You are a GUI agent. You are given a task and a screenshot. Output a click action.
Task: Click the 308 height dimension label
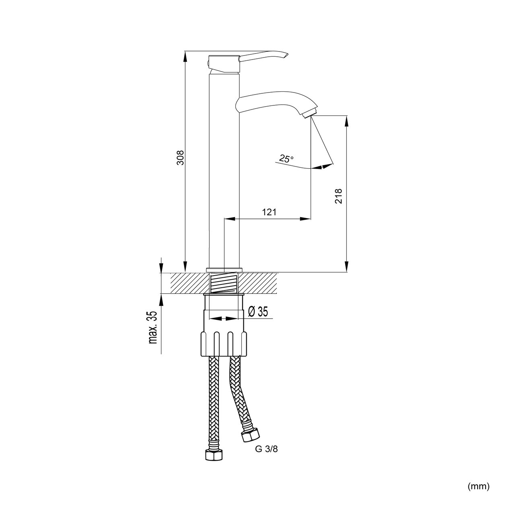[181, 157]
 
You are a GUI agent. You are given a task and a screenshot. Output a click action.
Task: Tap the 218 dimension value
[338, 196]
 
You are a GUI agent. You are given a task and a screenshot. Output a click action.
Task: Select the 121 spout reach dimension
[269, 212]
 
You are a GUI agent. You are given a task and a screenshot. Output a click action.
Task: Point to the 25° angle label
[286, 159]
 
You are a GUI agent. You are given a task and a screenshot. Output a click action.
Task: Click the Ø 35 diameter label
[258, 311]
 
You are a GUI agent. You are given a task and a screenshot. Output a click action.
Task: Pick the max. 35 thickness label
[152, 328]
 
